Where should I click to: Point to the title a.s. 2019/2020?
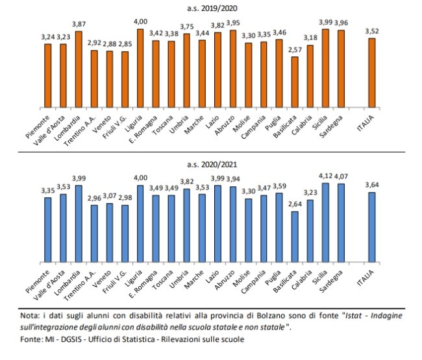(x=211, y=8)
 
